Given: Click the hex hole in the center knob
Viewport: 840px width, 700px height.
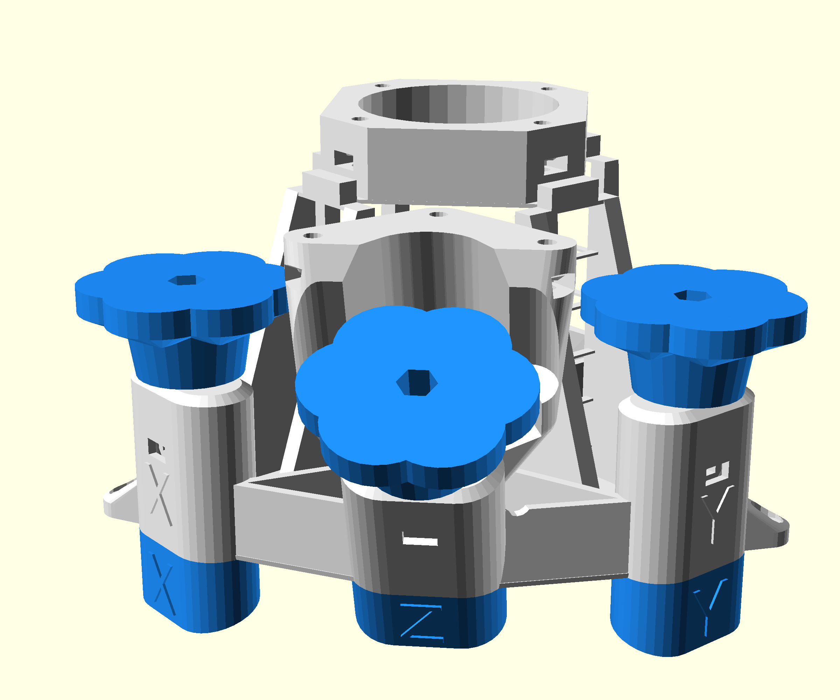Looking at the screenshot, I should click(x=417, y=383).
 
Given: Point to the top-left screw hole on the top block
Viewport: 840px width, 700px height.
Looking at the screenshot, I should click(x=383, y=86).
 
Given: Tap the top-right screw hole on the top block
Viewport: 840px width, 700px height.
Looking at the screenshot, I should click(x=549, y=89).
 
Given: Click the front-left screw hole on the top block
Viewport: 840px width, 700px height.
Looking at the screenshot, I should click(x=359, y=119).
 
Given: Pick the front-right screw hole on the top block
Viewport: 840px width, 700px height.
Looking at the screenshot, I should click(x=542, y=123).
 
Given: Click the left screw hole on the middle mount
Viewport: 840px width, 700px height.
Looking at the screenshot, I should click(x=313, y=236).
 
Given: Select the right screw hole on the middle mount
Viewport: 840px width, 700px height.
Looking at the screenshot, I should click(x=547, y=242).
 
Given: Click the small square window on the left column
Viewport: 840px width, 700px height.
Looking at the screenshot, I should click(x=154, y=446).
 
